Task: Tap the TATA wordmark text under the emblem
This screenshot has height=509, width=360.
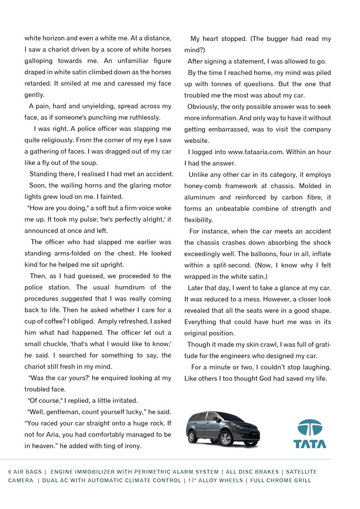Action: [x=310, y=444]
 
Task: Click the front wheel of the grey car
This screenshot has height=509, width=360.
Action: [x=225, y=438]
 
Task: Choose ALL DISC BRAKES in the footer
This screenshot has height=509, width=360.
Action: [x=252, y=472]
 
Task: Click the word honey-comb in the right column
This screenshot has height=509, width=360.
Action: [x=202, y=186]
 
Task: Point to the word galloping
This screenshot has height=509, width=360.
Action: [x=39, y=61]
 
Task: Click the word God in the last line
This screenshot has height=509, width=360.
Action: [x=266, y=378]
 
